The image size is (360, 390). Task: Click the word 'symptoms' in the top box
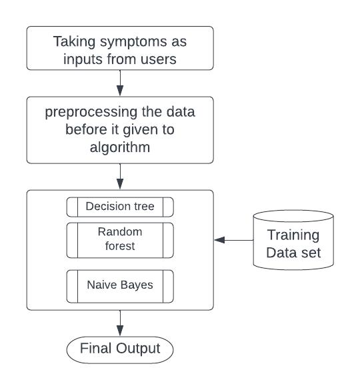[x=133, y=42]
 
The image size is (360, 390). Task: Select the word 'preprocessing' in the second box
[x=91, y=113]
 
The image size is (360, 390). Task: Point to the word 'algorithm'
[x=120, y=148]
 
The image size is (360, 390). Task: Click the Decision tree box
[x=120, y=207]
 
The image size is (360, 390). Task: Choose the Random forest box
[x=120, y=240]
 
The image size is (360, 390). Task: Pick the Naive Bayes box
[x=120, y=286]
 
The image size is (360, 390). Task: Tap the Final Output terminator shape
[x=120, y=350]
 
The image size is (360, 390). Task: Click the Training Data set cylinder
[x=293, y=240]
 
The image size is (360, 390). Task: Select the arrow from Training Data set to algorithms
[x=233, y=240]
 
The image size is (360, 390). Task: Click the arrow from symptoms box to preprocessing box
[x=120, y=83]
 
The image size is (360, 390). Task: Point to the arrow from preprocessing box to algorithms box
[x=120, y=177]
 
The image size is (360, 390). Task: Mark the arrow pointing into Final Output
[x=120, y=323]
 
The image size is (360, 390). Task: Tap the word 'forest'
[x=120, y=246]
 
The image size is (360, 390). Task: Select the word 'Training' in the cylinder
[x=293, y=235]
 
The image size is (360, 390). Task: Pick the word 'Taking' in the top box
[x=74, y=42]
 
